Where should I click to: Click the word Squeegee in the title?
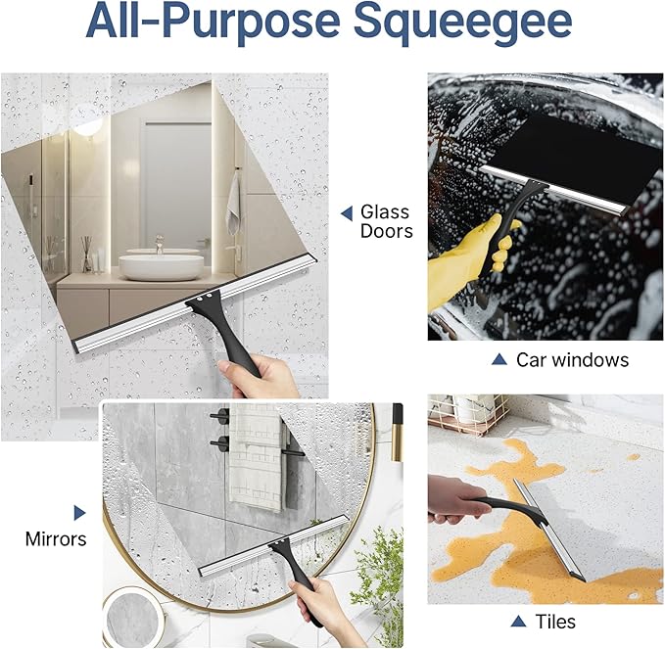click(462, 23)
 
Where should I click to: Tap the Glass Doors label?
click(386, 221)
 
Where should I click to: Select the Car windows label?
click(572, 360)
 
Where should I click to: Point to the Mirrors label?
click(56, 539)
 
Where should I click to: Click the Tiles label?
click(555, 622)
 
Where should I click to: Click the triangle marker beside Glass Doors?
click(347, 213)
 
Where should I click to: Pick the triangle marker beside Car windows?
click(499, 359)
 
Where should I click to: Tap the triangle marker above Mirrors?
click(79, 513)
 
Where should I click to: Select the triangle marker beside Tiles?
click(518, 622)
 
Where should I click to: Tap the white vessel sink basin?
click(162, 267)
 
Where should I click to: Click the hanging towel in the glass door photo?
click(234, 204)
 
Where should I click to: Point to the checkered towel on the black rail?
click(256, 456)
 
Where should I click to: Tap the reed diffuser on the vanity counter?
click(87, 254)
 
